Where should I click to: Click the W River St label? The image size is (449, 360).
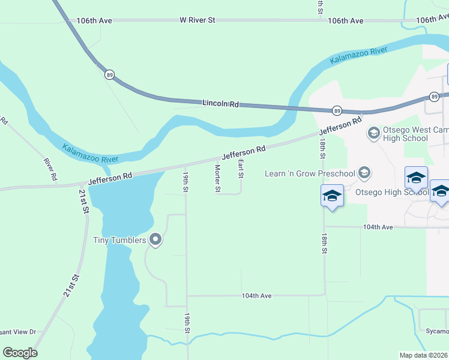click(x=197, y=20)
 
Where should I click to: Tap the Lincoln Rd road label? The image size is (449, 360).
click(x=220, y=104)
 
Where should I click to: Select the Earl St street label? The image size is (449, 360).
click(x=241, y=169)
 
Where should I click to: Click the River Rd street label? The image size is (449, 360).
click(x=50, y=169)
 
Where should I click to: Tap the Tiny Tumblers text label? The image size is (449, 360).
click(x=119, y=241)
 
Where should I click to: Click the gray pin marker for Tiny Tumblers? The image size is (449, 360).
click(x=156, y=240)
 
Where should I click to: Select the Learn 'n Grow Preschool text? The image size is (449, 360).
click(x=311, y=173)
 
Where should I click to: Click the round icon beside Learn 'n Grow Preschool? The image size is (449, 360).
click(x=364, y=173)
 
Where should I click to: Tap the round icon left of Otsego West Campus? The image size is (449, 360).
click(x=374, y=132)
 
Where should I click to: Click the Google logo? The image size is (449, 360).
click(x=20, y=353)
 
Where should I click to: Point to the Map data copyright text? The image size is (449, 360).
click(x=424, y=355)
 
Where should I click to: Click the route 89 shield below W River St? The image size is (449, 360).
click(x=109, y=75)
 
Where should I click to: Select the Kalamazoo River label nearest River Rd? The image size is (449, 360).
click(x=90, y=154)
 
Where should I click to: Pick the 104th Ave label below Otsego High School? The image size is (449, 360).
click(x=378, y=227)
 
